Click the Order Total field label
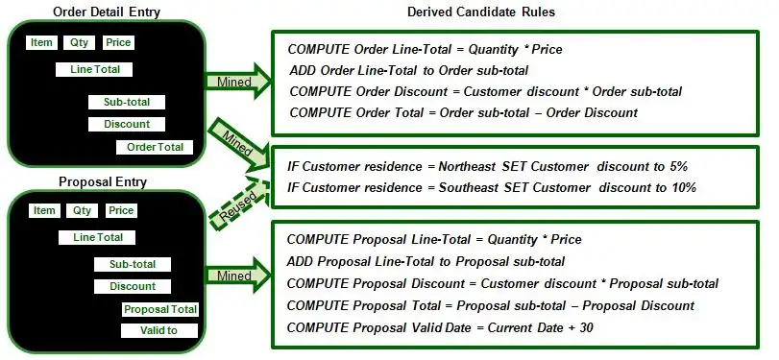tap(155, 147)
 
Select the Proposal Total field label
tap(159, 309)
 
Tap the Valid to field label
tap(159, 331)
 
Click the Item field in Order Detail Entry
tap(42, 42)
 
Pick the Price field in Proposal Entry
tap(120, 210)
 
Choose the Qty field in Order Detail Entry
tap(78, 42)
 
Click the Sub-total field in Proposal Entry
tap(132, 264)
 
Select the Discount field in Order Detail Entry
tap(126, 124)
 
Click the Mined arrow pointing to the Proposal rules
tap(235, 276)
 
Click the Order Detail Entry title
tap(108, 12)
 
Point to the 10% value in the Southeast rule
tap(683, 187)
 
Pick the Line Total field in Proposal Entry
tap(96, 237)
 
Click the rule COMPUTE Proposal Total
tap(490, 305)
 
